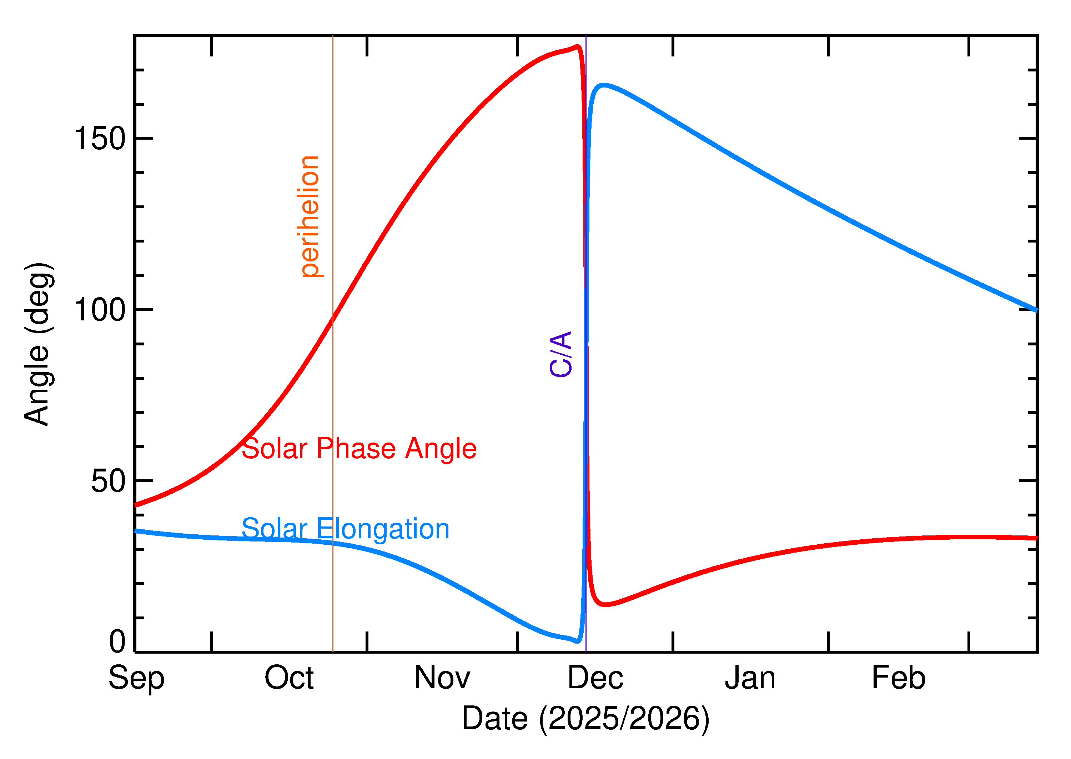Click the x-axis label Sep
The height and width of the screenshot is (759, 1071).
tap(136, 678)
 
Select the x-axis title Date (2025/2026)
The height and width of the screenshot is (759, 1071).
tap(585, 718)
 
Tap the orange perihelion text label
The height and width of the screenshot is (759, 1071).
tap(310, 216)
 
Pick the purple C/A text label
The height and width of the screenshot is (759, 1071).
tap(561, 354)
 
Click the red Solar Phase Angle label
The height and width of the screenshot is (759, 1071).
tap(359, 448)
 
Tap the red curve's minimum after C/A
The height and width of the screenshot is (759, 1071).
tap(605, 605)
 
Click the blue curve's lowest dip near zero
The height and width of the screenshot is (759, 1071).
tap(578, 641)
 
